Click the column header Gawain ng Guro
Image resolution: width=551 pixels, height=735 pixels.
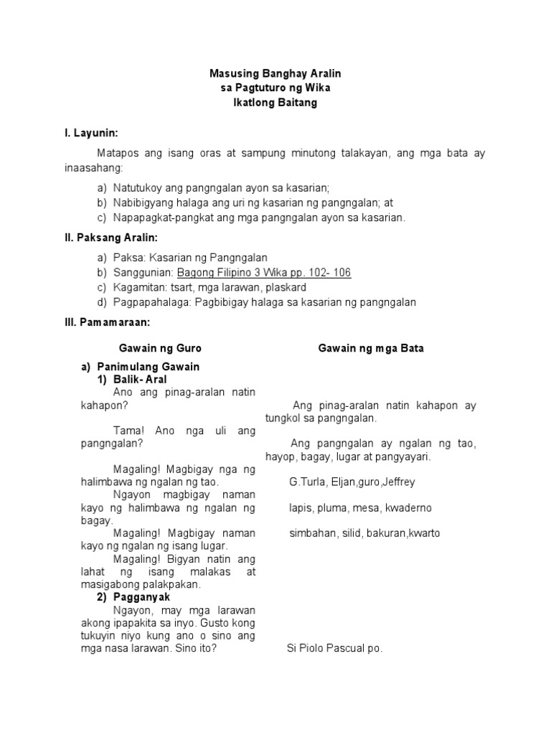160,348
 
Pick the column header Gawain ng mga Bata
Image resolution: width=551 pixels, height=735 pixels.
371,348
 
